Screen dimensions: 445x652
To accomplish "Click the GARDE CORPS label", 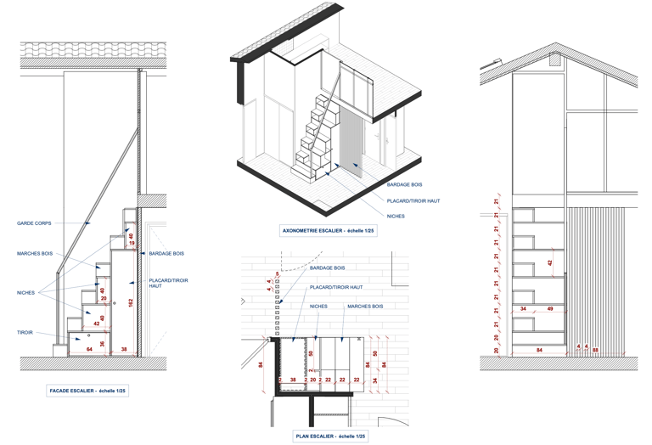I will click(x=34, y=223).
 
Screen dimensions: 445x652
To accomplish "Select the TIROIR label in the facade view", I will click(x=25, y=333).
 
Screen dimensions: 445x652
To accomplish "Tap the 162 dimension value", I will click(x=131, y=302).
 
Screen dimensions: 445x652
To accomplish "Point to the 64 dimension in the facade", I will click(x=88, y=349).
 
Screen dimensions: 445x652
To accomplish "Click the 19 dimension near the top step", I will click(x=132, y=244).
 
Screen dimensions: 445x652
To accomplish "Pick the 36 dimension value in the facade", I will click(x=103, y=344).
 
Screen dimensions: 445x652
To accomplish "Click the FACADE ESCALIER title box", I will click(x=87, y=391).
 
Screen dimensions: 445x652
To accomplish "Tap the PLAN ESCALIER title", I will click(x=330, y=436).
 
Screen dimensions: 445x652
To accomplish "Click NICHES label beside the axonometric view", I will click(x=396, y=217).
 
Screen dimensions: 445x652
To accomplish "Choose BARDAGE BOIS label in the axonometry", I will click(x=404, y=184).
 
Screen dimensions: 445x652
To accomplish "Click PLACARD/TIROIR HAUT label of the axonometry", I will click(x=413, y=200).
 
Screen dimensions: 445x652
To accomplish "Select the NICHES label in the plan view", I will click(x=318, y=306).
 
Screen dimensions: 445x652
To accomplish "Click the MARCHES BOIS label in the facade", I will click(x=35, y=253).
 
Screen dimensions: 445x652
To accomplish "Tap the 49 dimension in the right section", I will click(x=550, y=308).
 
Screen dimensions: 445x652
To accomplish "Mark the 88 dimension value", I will click(x=595, y=349).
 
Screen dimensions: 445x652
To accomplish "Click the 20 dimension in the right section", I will click(x=497, y=349).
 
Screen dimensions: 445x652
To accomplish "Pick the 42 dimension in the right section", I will click(x=550, y=263).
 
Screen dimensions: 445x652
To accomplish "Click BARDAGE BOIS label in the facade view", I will click(x=166, y=253).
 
